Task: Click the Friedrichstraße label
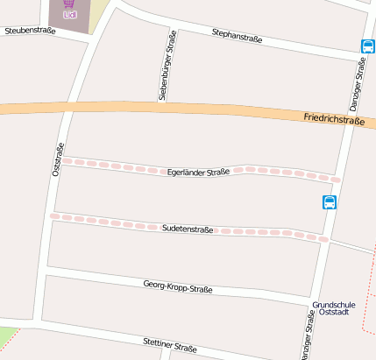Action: (333, 119)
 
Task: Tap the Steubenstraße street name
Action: (30, 31)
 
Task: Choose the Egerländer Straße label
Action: (197, 173)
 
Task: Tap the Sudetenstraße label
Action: (188, 229)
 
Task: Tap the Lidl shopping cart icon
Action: (69, 4)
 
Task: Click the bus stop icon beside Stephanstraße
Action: (366, 46)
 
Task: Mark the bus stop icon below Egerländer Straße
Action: (330, 202)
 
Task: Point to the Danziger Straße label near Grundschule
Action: (308, 338)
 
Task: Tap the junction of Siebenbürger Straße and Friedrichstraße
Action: (162, 109)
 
